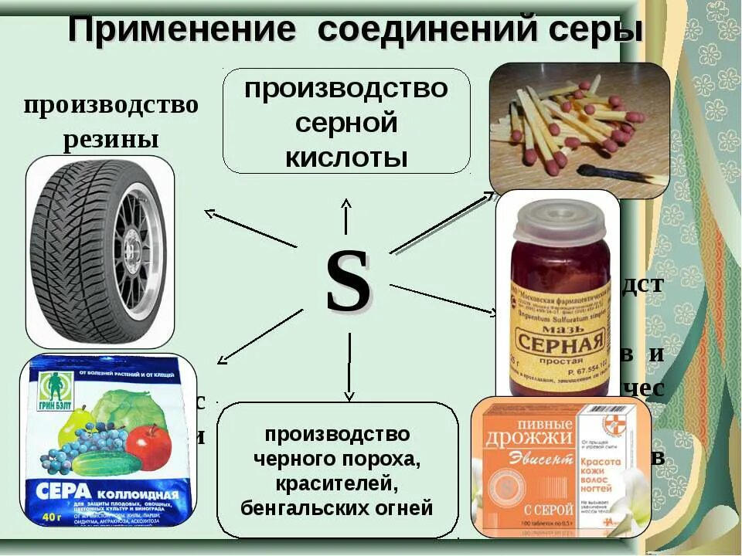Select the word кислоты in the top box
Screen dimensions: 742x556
click(345, 156)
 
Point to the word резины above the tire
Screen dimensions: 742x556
click(111, 140)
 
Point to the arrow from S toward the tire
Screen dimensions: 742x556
click(247, 228)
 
